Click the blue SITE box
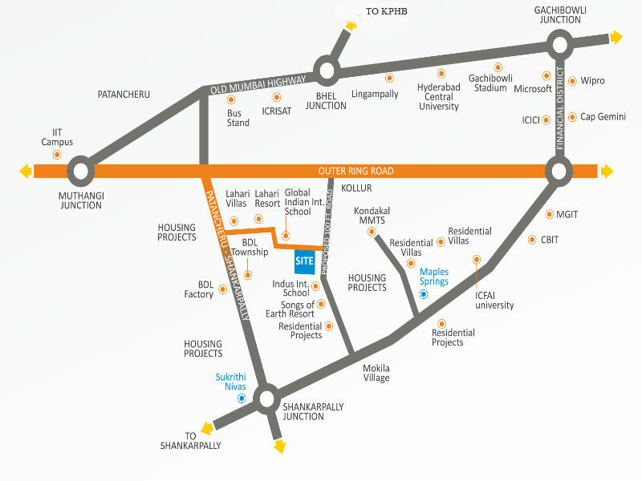305,261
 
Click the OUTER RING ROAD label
356,171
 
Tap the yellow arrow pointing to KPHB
351,25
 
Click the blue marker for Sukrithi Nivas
242,398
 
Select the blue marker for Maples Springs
424,294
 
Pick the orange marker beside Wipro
572,81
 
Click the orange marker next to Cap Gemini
572,117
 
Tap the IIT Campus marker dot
57,154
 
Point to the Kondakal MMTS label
372,216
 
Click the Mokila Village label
376,373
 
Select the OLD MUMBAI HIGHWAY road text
258,85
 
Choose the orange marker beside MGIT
550,214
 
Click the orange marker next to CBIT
532,240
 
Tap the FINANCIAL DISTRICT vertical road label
559,108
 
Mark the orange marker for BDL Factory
223,289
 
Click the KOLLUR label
356,188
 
